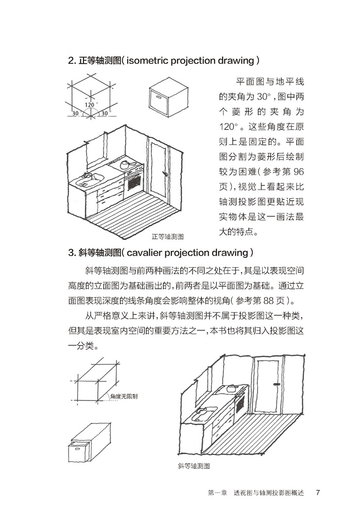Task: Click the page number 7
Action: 318,492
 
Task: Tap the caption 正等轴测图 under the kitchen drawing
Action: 168,237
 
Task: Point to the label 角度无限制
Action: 126,397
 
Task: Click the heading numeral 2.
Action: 71,61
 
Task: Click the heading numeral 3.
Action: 71,253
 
